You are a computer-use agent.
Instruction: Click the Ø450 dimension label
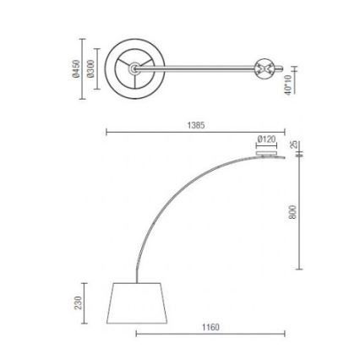[75, 68]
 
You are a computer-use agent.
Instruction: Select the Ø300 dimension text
[90, 68]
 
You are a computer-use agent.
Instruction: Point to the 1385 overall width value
[195, 124]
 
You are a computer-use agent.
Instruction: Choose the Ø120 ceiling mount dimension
[266, 138]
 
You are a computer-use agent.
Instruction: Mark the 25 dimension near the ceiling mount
[293, 145]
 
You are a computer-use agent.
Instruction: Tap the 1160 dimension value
[210, 326]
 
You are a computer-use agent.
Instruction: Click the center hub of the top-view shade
[132, 68]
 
